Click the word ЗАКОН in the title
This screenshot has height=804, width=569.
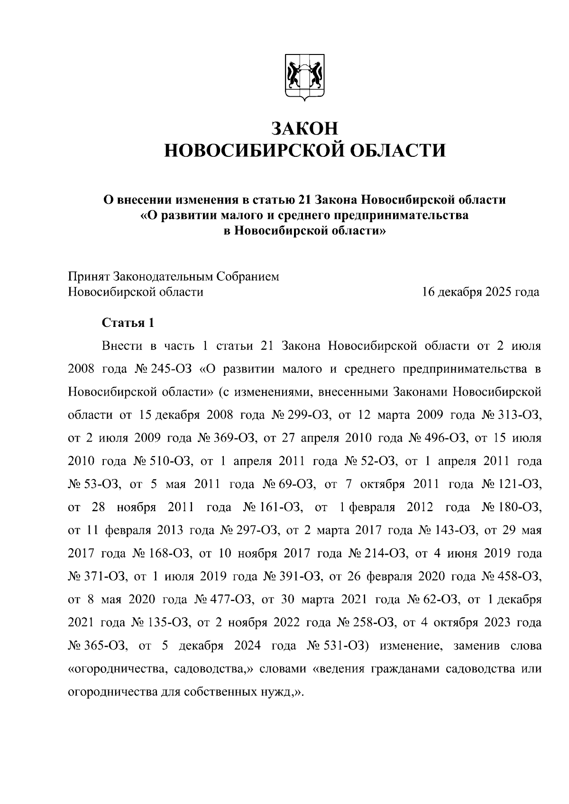click(x=305, y=128)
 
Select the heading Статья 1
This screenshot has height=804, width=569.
click(x=128, y=323)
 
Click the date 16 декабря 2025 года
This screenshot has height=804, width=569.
click(x=480, y=292)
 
